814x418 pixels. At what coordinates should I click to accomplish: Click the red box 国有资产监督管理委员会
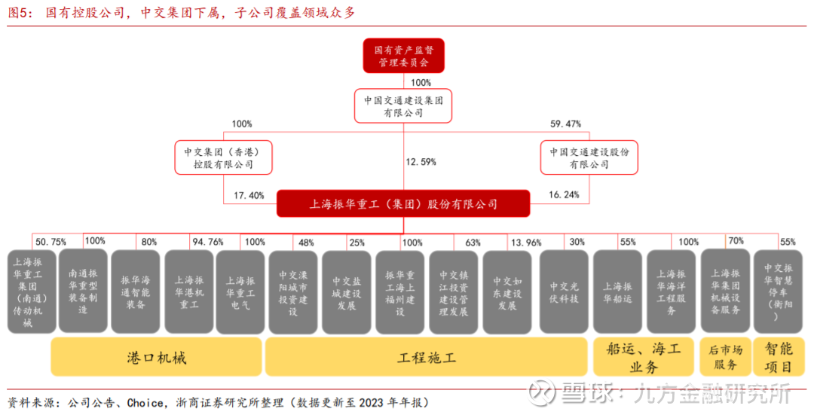403,56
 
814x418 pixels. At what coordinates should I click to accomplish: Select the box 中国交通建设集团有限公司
402,105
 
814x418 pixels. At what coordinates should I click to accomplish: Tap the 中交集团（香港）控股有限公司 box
223,157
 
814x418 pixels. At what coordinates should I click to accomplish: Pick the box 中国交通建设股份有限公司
589,157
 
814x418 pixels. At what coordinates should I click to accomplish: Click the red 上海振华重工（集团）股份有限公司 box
403,203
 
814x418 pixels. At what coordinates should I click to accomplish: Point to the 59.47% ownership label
565,124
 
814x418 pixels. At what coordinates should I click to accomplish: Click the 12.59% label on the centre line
421,162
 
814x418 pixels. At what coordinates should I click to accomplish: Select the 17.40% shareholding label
249,196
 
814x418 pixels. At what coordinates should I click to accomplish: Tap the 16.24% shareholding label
564,195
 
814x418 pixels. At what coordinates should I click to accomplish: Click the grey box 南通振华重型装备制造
83,291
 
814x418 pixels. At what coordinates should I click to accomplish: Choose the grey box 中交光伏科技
564,292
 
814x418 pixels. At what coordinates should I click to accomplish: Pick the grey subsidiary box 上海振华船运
617,292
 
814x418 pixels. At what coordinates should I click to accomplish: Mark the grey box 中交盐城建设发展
346,292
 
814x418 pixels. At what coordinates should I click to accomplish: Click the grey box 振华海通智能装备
136,292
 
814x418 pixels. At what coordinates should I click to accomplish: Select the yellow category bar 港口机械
156,357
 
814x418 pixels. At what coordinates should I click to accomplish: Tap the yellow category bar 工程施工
426,357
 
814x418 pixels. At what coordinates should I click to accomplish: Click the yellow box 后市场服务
725,357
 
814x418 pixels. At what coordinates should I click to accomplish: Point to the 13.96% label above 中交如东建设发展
526,243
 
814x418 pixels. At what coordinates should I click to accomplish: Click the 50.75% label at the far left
50,243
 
